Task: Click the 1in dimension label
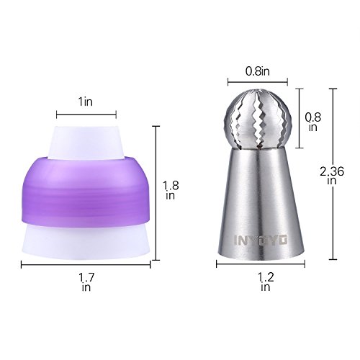(x=86, y=102)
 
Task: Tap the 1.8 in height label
(x=171, y=191)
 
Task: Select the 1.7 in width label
(x=86, y=282)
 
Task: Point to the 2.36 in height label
(x=332, y=176)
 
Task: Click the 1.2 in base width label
(x=266, y=282)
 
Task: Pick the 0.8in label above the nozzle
(x=258, y=71)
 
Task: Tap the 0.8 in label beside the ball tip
(x=313, y=122)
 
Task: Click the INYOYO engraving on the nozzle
(x=261, y=240)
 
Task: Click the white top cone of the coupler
(x=86, y=142)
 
